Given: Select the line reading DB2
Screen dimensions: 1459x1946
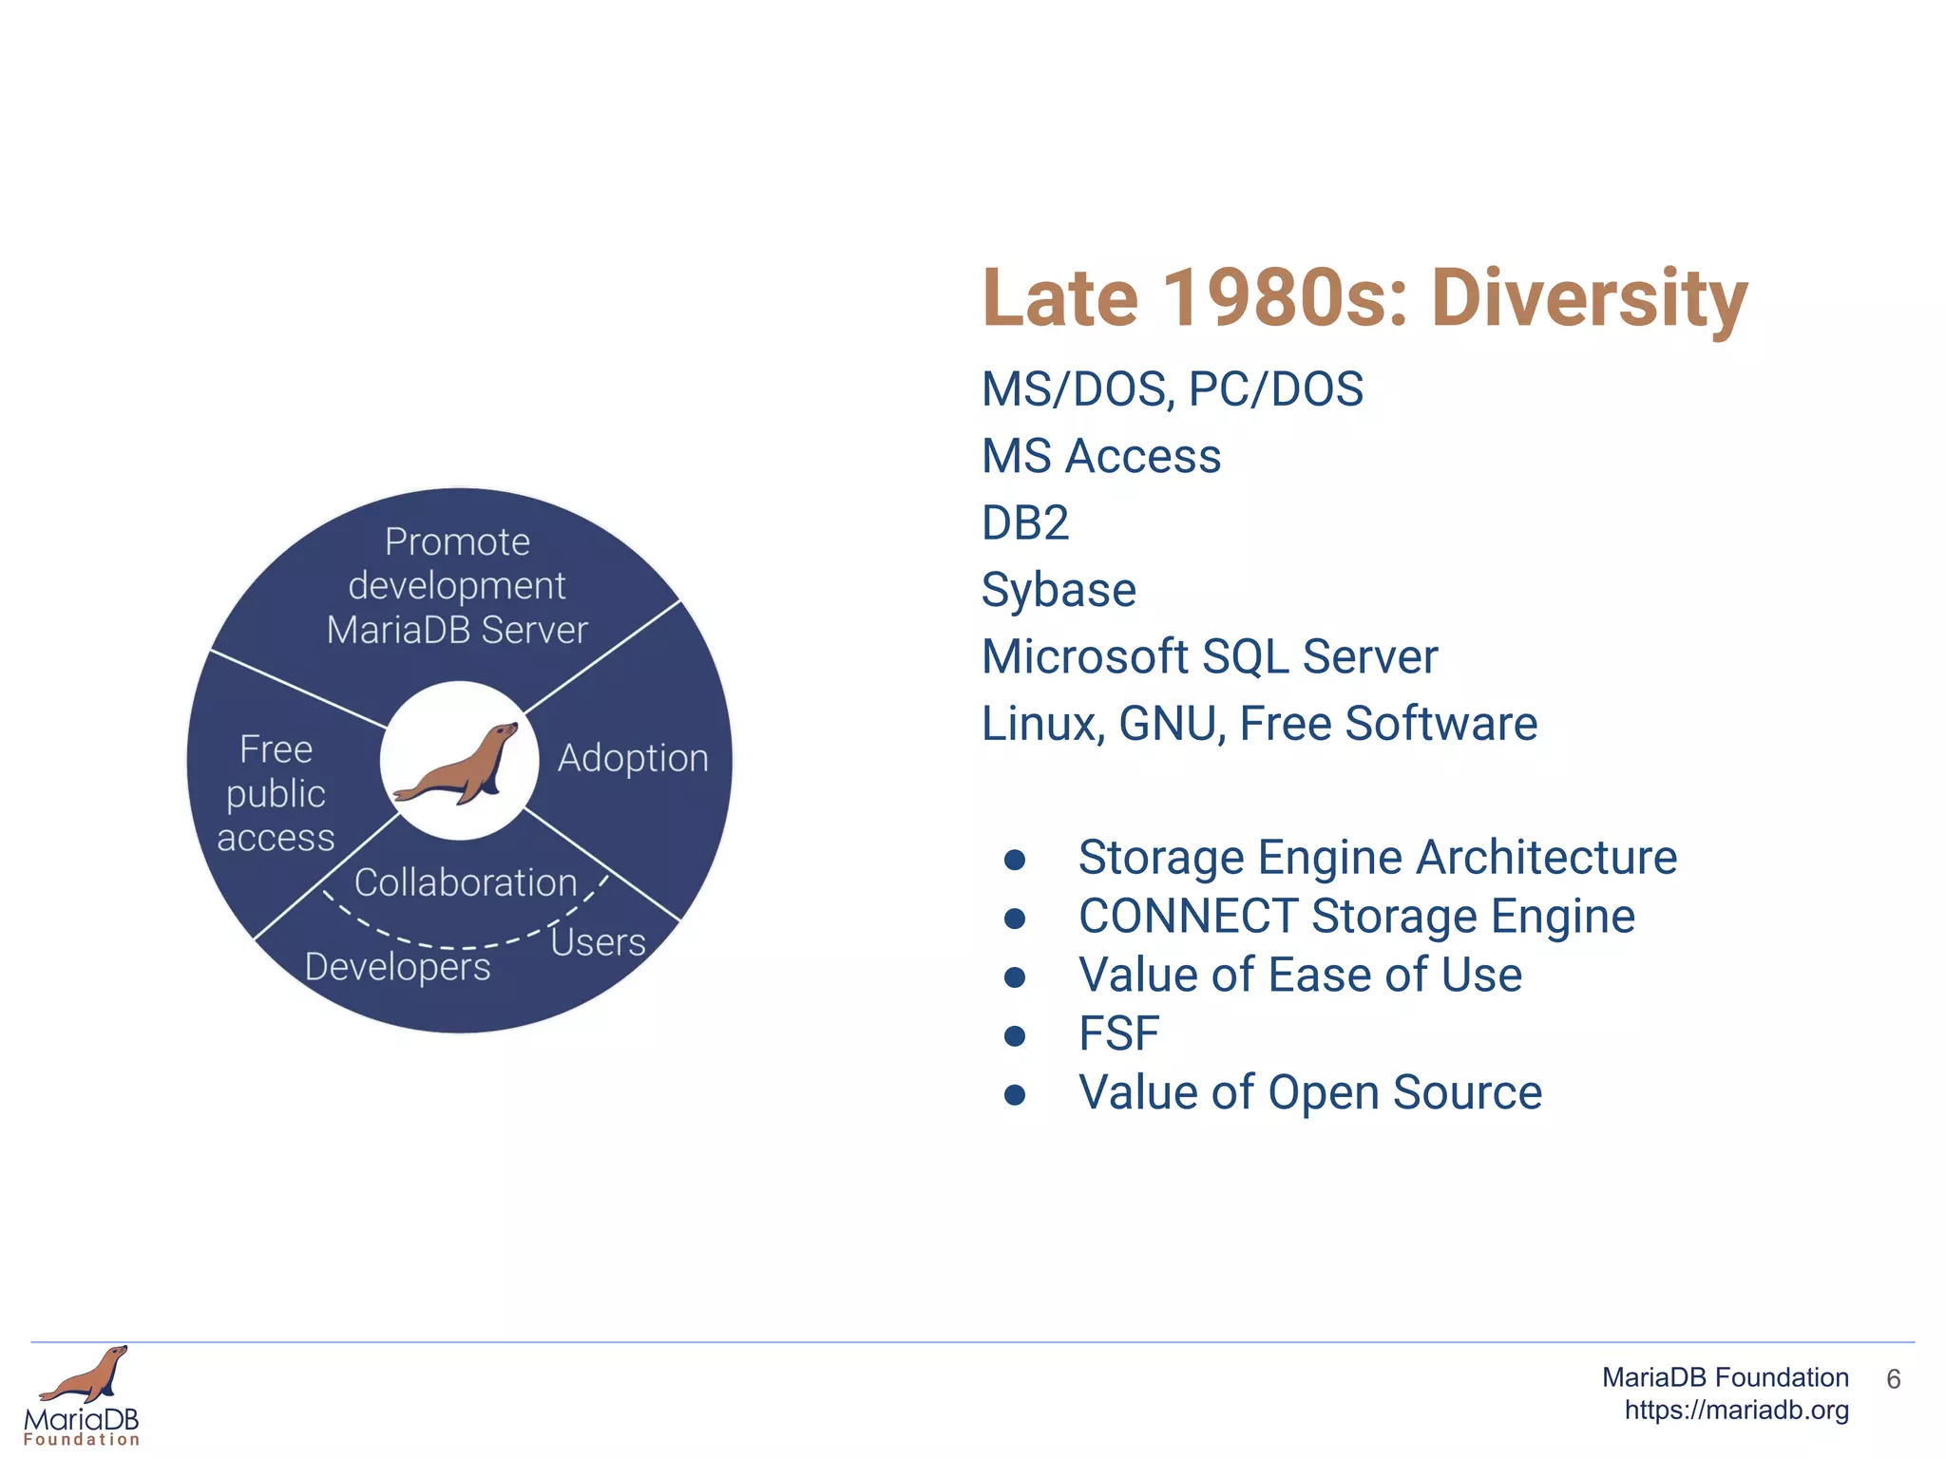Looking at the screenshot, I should [x=1025, y=523].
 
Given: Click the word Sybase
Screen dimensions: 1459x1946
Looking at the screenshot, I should [x=1059, y=590].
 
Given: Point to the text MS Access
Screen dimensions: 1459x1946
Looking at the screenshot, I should [x=1101, y=456].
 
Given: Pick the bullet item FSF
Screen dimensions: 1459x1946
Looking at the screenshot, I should [x=1118, y=1033].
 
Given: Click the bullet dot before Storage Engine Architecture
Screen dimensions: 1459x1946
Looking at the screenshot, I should [x=1015, y=860].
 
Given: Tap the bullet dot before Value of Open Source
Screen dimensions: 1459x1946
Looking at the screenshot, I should [x=1015, y=1095].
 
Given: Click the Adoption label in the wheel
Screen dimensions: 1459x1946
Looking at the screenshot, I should [x=633, y=758].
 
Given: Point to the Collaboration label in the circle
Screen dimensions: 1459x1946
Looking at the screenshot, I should [x=466, y=882].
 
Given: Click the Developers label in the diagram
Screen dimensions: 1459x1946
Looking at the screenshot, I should [x=397, y=967].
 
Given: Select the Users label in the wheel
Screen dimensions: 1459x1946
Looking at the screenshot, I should [x=598, y=942].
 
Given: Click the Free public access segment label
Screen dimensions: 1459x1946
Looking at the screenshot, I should [x=276, y=793].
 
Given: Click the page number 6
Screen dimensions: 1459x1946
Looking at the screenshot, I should [x=1893, y=1379].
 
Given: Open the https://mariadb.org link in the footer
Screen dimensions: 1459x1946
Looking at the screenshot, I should [x=1736, y=1411].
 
